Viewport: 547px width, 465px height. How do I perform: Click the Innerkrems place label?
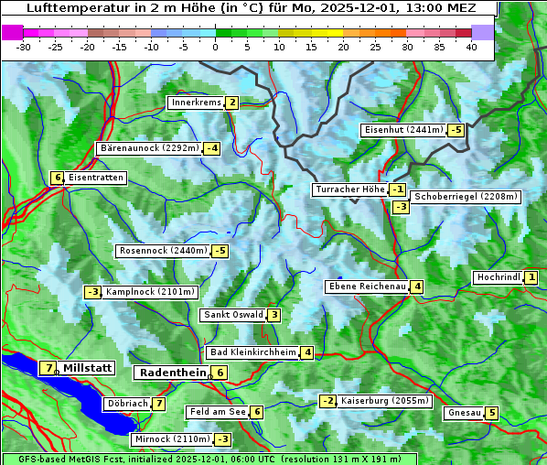(x=196, y=103)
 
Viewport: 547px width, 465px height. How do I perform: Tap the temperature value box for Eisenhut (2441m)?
(x=456, y=130)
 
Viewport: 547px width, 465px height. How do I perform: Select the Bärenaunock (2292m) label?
(x=148, y=147)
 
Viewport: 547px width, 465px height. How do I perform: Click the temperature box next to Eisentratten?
(x=57, y=178)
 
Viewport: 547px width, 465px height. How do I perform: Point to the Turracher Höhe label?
(x=349, y=189)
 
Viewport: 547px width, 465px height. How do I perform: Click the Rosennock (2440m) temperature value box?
(x=220, y=251)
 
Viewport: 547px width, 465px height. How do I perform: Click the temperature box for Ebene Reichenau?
(x=417, y=287)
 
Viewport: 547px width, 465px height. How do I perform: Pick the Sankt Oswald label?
(x=232, y=315)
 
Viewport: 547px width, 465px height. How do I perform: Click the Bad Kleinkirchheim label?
(x=253, y=352)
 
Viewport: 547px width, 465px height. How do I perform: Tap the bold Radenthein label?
(x=172, y=373)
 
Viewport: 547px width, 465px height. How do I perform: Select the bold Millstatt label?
(x=88, y=368)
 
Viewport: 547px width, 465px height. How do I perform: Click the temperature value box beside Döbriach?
(x=159, y=404)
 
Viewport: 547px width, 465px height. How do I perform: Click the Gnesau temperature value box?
(x=492, y=413)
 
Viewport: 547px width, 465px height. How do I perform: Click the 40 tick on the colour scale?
(x=471, y=47)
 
